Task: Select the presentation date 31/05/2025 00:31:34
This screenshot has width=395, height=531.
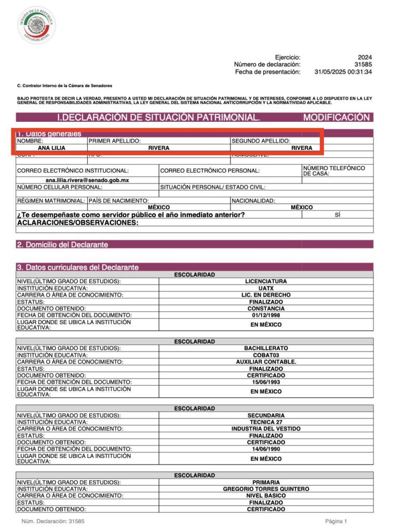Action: point(343,72)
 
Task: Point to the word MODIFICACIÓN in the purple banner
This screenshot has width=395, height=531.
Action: point(336,118)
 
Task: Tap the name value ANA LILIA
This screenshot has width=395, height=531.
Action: point(52,148)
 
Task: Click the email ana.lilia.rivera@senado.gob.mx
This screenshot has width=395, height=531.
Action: point(87,180)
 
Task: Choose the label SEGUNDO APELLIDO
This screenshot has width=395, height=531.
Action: point(261,141)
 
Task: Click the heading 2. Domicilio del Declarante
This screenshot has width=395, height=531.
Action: point(62,244)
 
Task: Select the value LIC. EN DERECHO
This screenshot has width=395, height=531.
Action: point(266,295)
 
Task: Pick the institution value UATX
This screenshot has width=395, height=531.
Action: point(266,288)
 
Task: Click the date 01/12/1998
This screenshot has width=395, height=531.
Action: point(266,315)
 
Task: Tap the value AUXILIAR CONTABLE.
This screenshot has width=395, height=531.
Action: point(266,362)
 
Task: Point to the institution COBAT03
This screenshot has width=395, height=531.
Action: point(266,355)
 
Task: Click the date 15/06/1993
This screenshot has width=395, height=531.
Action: point(266,382)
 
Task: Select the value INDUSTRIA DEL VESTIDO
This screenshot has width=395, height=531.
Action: point(266,429)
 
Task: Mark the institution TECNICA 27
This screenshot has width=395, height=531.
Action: point(266,422)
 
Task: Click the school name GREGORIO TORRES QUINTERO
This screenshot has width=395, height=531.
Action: point(266,489)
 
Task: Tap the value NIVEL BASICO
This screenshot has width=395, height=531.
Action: point(266,496)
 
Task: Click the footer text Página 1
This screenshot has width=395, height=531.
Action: point(336,521)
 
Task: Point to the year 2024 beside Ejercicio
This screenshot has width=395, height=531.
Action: point(365,57)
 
